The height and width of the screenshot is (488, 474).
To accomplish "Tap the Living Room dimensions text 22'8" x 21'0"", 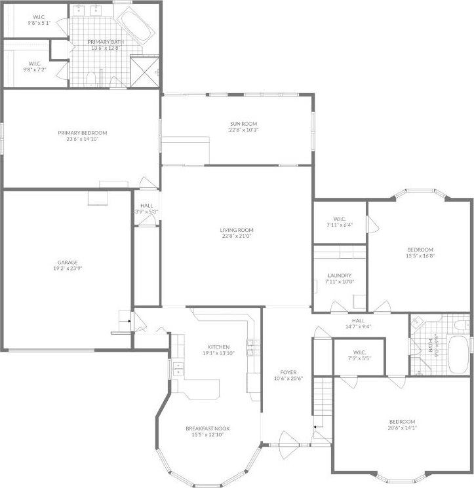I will pos(236,236).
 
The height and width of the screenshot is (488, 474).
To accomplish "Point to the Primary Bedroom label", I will pos(82,132).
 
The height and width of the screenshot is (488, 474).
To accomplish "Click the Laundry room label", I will pos(339,276).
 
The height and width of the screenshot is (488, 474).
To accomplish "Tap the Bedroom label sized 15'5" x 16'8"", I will pos(420,250).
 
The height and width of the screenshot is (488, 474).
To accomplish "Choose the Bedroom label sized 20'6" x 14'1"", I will pos(401,421).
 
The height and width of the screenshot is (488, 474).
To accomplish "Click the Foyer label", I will pos(286,372).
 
